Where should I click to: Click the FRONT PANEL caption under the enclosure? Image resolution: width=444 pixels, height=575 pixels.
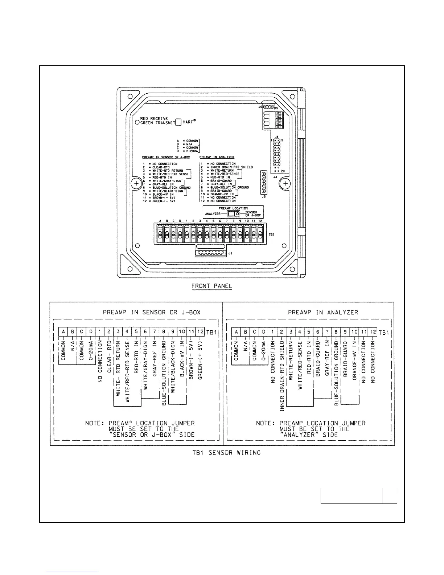click(x=211, y=286)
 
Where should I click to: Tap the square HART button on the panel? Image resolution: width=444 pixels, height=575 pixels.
click(x=178, y=122)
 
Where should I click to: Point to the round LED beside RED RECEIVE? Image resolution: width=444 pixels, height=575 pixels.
click(x=137, y=123)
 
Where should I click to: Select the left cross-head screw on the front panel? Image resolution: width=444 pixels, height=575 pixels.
click(x=136, y=184)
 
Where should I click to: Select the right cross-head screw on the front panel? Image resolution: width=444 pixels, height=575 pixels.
click(x=285, y=184)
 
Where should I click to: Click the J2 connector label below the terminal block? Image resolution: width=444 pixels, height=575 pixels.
click(x=230, y=253)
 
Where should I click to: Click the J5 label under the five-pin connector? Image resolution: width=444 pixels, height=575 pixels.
click(x=264, y=197)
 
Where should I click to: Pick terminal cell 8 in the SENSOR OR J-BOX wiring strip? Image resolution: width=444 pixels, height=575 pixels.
click(x=164, y=331)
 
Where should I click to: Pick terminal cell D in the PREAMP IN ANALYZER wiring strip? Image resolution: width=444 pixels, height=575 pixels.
click(x=264, y=331)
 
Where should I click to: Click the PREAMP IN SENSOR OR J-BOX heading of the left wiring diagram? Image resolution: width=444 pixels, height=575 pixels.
click(x=152, y=312)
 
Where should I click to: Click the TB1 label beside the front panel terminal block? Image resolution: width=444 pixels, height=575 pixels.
click(x=271, y=235)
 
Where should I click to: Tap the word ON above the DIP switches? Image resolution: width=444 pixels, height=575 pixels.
click(x=276, y=109)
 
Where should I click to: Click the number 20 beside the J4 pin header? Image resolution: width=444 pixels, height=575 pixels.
click(x=282, y=171)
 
